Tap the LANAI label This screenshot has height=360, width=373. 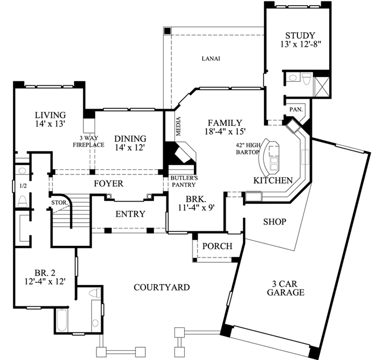point(211,59)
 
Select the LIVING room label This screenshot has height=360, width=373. point(50,115)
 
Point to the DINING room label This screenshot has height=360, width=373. point(130,138)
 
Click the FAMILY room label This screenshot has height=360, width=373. point(224,123)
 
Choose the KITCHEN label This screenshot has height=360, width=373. point(273,181)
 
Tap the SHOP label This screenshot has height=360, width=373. point(274,222)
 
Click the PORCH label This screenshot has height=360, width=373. point(217,246)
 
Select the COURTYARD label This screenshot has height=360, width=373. point(162,287)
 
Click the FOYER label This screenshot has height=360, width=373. point(109,183)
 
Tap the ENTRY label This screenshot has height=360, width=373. point(130,214)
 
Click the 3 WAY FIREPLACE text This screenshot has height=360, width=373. point(92,141)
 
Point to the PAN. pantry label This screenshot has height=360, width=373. point(295,110)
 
